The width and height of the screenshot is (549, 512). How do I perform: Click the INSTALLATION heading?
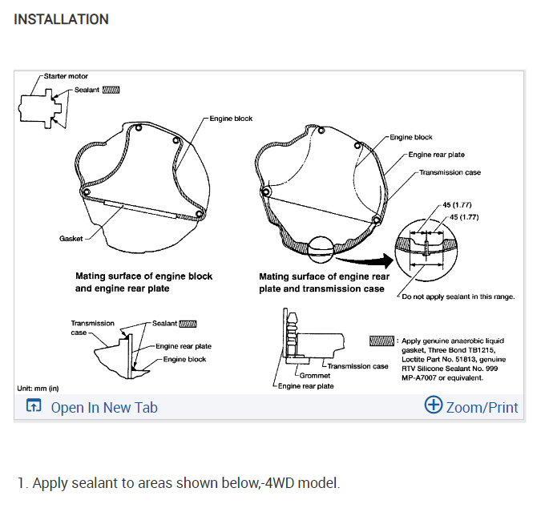(x=62, y=18)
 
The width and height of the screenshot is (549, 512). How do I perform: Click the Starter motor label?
(x=67, y=76)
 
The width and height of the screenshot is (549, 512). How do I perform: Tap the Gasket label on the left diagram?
(x=71, y=239)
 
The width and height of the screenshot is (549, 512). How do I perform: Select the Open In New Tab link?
(x=104, y=407)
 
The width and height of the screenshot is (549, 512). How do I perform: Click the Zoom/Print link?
(x=482, y=407)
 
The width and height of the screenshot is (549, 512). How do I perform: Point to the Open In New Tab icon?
(x=34, y=406)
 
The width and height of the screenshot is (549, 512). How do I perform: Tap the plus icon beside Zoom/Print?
(x=433, y=405)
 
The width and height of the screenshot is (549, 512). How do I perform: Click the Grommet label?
(x=313, y=374)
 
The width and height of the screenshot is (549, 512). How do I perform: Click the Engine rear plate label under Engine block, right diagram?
(x=436, y=155)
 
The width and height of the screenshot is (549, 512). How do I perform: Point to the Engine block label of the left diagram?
(x=232, y=119)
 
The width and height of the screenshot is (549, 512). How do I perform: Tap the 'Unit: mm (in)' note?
(x=38, y=388)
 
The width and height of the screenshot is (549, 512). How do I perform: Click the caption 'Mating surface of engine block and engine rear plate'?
(x=144, y=282)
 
